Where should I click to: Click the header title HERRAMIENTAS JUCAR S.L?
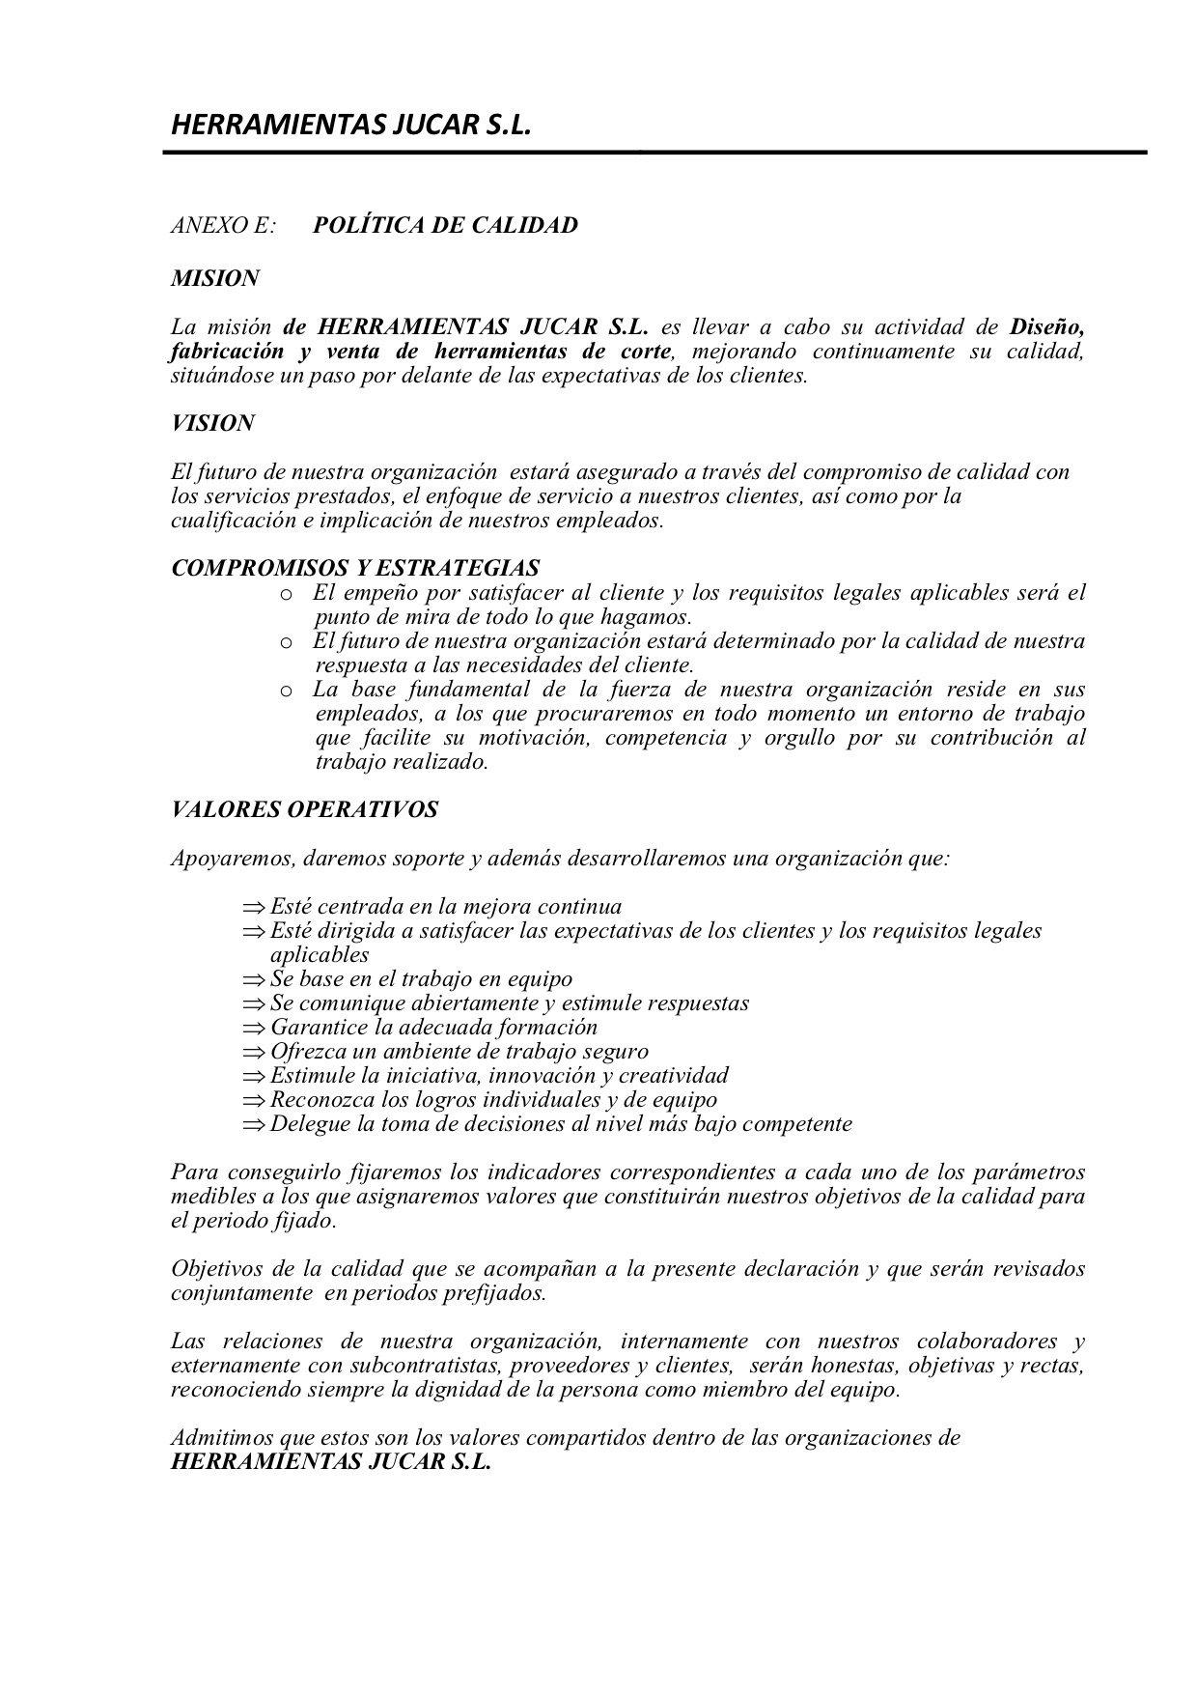351,127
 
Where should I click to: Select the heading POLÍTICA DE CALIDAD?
445,226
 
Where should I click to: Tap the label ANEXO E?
223,226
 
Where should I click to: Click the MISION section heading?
215,279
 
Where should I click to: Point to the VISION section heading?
213,424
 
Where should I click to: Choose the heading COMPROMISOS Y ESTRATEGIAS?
355,568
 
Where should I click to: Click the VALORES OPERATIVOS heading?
304,810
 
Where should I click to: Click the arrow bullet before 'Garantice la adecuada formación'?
254,1029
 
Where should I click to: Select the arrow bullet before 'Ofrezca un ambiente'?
254,1053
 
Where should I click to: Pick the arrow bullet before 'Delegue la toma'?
254,1125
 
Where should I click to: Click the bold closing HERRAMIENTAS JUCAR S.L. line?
331,1462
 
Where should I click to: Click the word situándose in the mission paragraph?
215,376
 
